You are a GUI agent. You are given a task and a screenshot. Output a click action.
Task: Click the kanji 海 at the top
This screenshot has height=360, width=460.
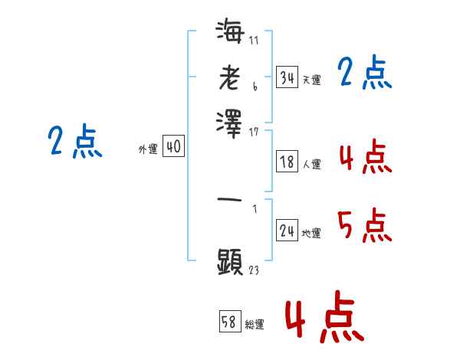[230, 31]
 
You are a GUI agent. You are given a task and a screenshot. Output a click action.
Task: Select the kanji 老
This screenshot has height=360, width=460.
[230, 77]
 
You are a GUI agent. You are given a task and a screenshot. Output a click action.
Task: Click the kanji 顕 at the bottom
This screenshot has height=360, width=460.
[230, 261]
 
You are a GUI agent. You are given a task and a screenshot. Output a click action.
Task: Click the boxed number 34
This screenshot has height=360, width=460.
[287, 77]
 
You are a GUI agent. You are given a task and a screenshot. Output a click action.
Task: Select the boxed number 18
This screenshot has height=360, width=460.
[287, 162]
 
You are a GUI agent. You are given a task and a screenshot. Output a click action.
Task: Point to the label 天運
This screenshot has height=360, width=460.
[311, 80]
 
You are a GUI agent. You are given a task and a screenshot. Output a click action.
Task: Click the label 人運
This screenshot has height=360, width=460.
[312, 164]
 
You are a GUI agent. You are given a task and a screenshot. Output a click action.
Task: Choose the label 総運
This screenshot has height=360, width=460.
[255, 323]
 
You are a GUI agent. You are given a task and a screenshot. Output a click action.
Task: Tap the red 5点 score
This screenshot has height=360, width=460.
[364, 226]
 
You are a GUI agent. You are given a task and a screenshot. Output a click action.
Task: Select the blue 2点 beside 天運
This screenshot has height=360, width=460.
[364, 74]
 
